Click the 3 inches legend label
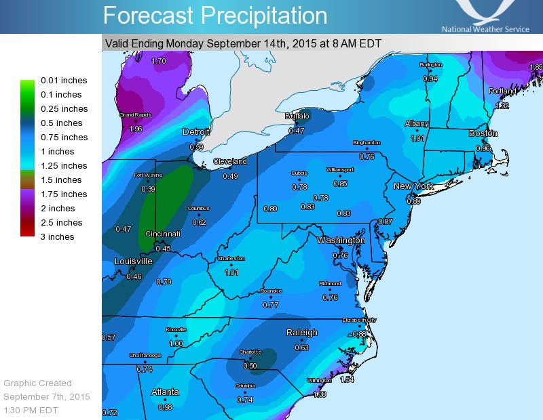pos(58,237)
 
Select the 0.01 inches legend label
pos(64,81)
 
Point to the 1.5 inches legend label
pos(61,180)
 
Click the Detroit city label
pos(196,131)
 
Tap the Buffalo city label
pos(296,117)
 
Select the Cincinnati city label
pos(162,234)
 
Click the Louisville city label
pos(133,261)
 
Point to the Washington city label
pos(341,240)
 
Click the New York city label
pos(413,186)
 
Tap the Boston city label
pos(483,133)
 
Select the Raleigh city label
pos(301,333)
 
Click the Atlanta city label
pos(165,392)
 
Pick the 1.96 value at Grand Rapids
pos(135,129)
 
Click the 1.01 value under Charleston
pos(231,273)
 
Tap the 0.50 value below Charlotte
pos(250,366)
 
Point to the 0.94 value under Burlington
pos(430,79)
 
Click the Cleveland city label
pos(230,161)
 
